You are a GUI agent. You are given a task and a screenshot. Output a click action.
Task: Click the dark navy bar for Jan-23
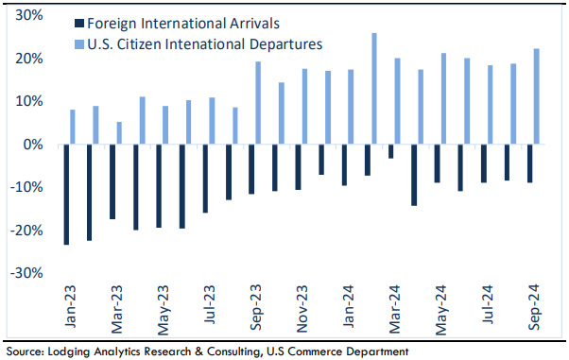coord(66,195)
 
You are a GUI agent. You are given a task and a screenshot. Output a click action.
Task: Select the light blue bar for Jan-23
coord(73,128)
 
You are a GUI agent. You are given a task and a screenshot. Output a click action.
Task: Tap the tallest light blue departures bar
coord(374,89)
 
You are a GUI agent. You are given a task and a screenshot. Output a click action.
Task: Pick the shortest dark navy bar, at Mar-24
coord(391,152)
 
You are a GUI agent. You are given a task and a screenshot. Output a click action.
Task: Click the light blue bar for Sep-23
coord(258,103)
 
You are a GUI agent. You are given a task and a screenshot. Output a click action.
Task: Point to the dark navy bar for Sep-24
coord(530,164)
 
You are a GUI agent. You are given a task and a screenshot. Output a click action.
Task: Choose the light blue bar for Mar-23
coord(119,133)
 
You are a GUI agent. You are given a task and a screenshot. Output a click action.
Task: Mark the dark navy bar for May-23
coord(159,186)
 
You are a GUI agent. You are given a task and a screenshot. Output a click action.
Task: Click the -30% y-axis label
coord(28,273)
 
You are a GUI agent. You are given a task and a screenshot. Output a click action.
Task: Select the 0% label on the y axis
coord(35,145)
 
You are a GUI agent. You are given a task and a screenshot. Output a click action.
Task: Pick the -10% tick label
coord(28,187)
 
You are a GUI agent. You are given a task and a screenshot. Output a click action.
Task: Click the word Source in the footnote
coord(24,351)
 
